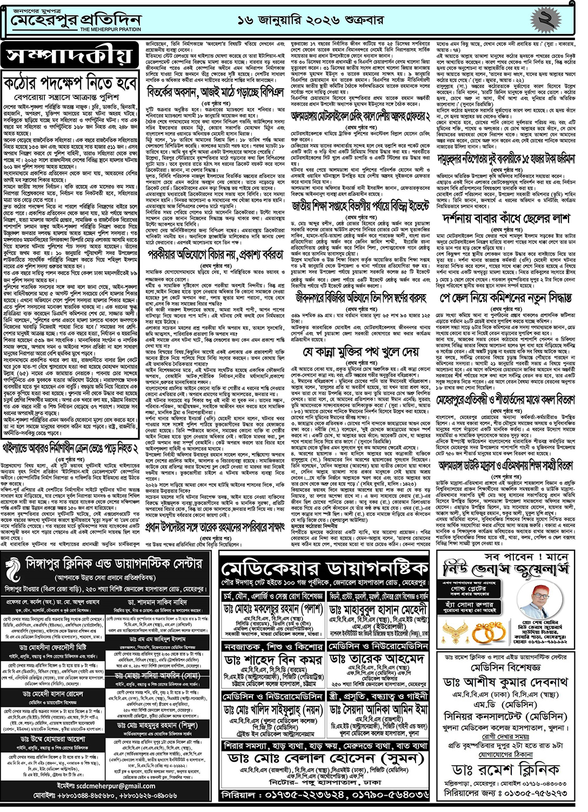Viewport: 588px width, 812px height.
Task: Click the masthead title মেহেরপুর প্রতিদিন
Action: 76,20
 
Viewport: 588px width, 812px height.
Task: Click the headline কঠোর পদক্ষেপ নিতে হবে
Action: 70,84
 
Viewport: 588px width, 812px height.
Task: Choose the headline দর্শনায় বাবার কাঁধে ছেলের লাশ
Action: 505,218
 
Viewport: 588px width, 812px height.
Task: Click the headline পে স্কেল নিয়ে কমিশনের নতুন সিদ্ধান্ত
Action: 505,298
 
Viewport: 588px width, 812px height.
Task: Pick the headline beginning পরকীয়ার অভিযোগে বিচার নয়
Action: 215,254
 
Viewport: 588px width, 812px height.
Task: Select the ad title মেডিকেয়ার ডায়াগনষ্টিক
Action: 325,569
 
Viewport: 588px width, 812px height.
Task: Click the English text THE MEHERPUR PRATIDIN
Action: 110,29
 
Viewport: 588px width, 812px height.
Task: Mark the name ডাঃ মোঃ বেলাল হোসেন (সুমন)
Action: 325,758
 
